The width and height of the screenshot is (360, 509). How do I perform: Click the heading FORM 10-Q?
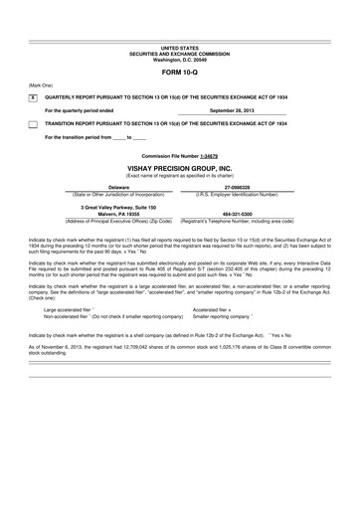click(x=179, y=74)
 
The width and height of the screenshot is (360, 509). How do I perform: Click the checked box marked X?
click(x=33, y=97)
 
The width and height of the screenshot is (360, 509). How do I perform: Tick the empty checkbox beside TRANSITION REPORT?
click(x=33, y=123)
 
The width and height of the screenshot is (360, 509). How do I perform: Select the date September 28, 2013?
click(x=237, y=109)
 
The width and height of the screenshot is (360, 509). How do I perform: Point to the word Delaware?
click(x=118, y=186)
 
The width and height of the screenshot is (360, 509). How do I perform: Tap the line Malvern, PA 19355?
click(x=118, y=212)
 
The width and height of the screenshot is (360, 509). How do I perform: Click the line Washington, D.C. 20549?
click(x=179, y=60)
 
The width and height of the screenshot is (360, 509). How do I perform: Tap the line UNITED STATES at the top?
click(x=179, y=47)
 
